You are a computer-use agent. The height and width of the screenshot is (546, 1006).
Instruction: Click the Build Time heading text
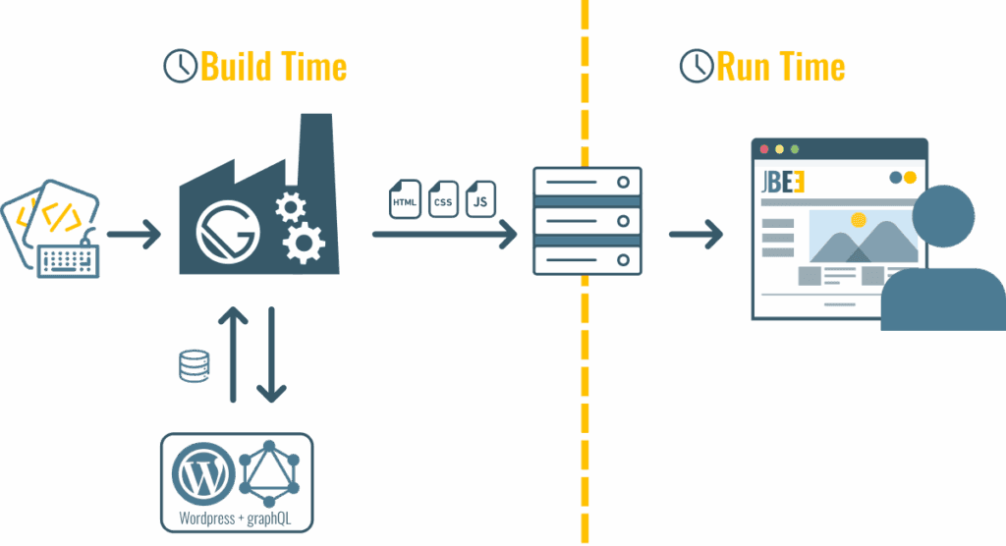[x=273, y=67]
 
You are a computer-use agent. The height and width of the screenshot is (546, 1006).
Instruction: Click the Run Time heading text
[x=780, y=67]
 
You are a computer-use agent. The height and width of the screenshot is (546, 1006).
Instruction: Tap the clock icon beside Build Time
[x=179, y=66]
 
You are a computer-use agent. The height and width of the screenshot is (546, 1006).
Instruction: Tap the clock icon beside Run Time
[x=696, y=66]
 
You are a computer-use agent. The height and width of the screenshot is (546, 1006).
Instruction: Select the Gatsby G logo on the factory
[x=230, y=230]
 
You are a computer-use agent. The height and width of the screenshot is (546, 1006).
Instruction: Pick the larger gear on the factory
[x=304, y=243]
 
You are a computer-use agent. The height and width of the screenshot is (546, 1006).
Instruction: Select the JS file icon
[x=480, y=199]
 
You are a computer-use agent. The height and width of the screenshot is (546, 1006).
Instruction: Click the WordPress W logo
[x=203, y=474]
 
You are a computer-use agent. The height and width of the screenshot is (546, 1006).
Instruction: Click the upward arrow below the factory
[x=233, y=354]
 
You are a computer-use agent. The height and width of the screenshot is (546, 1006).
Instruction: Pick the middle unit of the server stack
[x=587, y=221]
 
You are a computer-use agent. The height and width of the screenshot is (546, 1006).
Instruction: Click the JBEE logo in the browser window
[x=785, y=184]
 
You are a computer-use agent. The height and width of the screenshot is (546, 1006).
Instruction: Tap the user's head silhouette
[x=943, y=216]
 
